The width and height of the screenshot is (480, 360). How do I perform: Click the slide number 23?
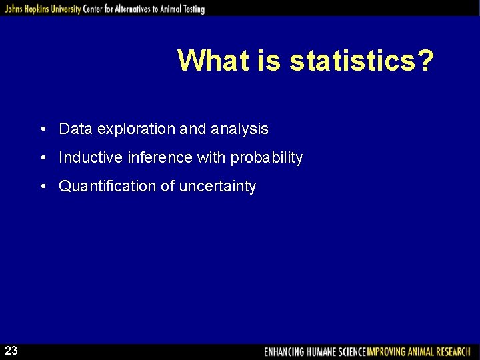click(11, 351)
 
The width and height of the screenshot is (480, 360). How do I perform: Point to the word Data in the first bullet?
click(75, 129)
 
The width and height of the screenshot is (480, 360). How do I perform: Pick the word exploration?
click(135, 129)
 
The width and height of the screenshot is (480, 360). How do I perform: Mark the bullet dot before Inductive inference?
click(42, 158)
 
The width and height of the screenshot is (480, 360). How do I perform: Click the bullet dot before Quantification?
click(42, 187)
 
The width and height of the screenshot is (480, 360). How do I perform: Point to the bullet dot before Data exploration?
click(42, 129)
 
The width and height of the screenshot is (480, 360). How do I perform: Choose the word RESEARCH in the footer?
click(452, 351)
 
